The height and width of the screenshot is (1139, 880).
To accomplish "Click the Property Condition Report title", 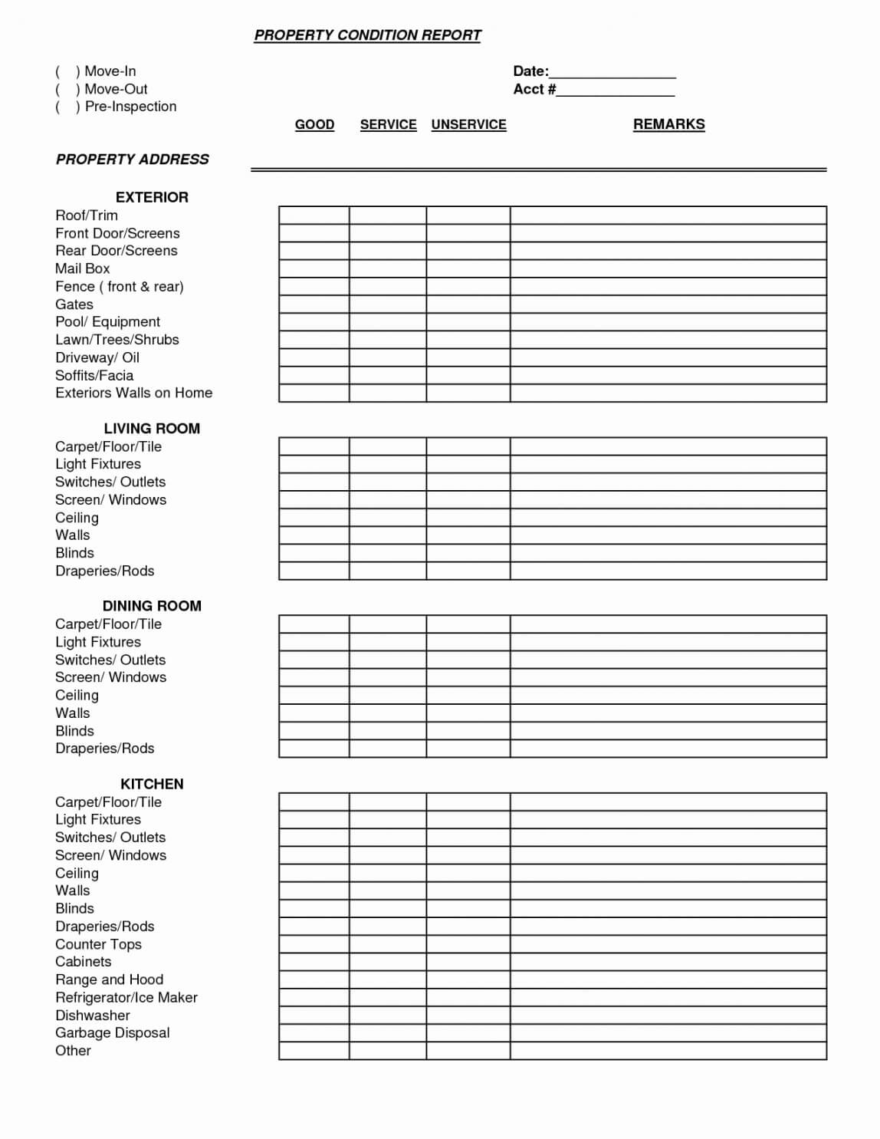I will point(367,35).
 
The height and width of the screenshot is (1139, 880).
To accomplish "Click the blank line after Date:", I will point(612,72).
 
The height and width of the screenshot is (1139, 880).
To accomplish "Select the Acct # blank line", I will point(616,90).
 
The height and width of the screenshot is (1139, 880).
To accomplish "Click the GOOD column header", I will point(314,124).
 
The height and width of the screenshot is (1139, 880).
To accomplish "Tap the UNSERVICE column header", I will point(468,124).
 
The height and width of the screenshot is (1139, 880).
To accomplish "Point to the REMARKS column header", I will point(668,124).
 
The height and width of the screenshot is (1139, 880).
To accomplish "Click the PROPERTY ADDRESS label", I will point(132,160).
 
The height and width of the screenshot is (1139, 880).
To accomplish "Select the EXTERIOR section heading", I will point(152,197).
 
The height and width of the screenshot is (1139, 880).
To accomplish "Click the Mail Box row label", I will point(82,268).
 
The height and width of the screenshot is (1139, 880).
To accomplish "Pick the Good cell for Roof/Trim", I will point(314,215).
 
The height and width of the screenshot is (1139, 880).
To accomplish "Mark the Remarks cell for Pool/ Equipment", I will point(668,322).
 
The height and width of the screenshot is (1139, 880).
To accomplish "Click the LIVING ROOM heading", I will point(152,429).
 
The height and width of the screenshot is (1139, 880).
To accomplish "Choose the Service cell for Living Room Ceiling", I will point(387,518).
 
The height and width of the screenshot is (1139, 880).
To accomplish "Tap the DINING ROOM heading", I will point(152,606).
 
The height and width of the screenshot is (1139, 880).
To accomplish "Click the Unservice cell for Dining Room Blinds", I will point(468,731).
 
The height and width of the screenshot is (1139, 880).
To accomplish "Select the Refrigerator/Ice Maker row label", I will point(126,997).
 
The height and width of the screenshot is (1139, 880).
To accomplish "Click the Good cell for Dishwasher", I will point(314,1016).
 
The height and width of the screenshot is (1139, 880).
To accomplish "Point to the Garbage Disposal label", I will point(112,1033).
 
